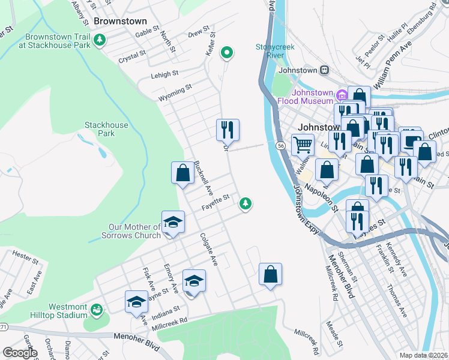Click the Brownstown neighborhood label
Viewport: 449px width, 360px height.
121,21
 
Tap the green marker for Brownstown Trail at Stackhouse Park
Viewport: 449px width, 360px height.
100,41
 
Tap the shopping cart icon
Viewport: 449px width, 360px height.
303,144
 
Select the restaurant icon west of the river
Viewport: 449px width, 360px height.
228,129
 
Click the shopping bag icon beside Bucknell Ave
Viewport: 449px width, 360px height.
182,173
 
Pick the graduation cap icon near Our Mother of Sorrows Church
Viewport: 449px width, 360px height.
173,221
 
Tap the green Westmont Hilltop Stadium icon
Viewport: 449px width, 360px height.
95,310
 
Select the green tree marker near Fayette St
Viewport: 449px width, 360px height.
245,204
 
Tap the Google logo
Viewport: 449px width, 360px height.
20,353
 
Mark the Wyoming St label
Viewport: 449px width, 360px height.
175,92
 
